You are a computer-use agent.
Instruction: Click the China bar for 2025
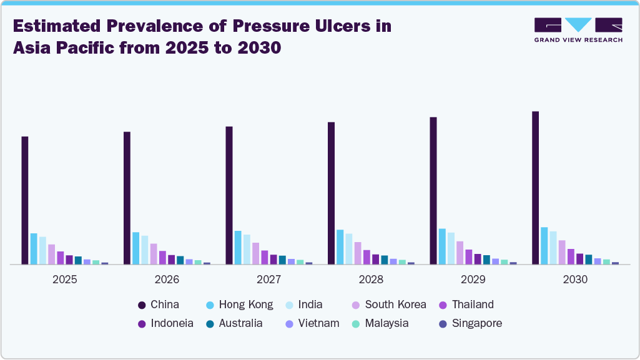[x=25, y=200]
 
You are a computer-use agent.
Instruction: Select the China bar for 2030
[x=535, y=188]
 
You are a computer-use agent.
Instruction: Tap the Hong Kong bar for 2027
[x=238, y=248]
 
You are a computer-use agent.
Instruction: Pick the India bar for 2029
[x=451, y=248]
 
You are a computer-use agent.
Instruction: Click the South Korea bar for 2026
[x=154, y=254]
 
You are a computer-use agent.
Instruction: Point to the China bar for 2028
[x=331, y=193]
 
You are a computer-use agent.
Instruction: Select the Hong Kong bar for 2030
[x=544, y=246]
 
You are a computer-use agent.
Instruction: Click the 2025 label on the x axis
[x=65, y=280]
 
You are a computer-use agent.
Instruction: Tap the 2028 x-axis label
[x=371, y=280]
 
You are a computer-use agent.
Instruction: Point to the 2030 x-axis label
[x=575, y=280]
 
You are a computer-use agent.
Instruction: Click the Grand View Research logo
[x=578, y=30]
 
